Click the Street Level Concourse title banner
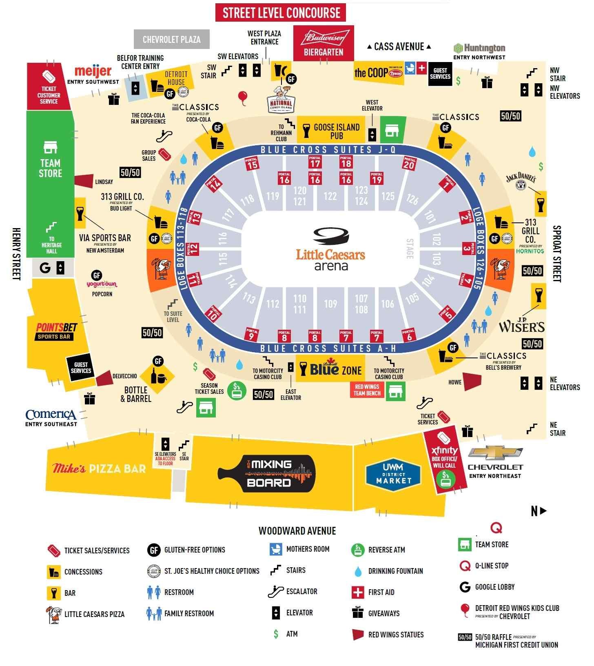pos(281,13)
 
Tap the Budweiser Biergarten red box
pos(324,43)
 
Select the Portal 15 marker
pos(252,163)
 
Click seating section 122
pos(330,196)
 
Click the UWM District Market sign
pos(394,474)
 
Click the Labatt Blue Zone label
pos(335,369)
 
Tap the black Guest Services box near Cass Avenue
pos(440,74)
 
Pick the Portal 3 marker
pos(467,248)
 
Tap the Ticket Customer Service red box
pos(49,87)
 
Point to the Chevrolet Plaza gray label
pos(172,40)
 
